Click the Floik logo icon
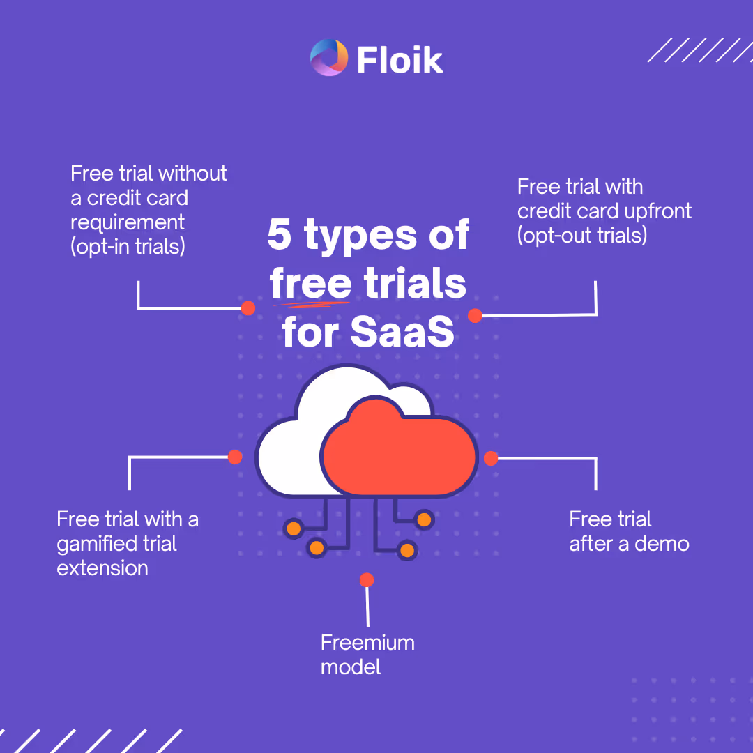coord(328,58)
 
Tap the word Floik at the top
coord(400,59)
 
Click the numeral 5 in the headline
coord(280,235)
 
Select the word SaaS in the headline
coord(402,333)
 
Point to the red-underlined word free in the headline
coord(311,284)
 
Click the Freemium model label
coord(367,655)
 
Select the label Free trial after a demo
coord(629,531)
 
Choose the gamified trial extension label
coord(127,543)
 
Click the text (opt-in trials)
coord(128,246)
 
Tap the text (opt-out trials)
coord(582,235)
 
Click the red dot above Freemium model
coord(367,580)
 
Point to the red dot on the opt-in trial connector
coord(248,308)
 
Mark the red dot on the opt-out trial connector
coord(476,316)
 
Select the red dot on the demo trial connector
coord(491,458)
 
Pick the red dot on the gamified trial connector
coord(236,457)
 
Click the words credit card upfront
coord(604,211)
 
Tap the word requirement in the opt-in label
coord(128,222)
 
